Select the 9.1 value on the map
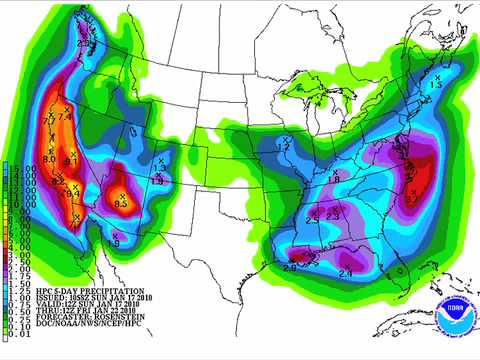point(71,160)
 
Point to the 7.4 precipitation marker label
point(66,117)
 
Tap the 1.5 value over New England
point(435,86)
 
